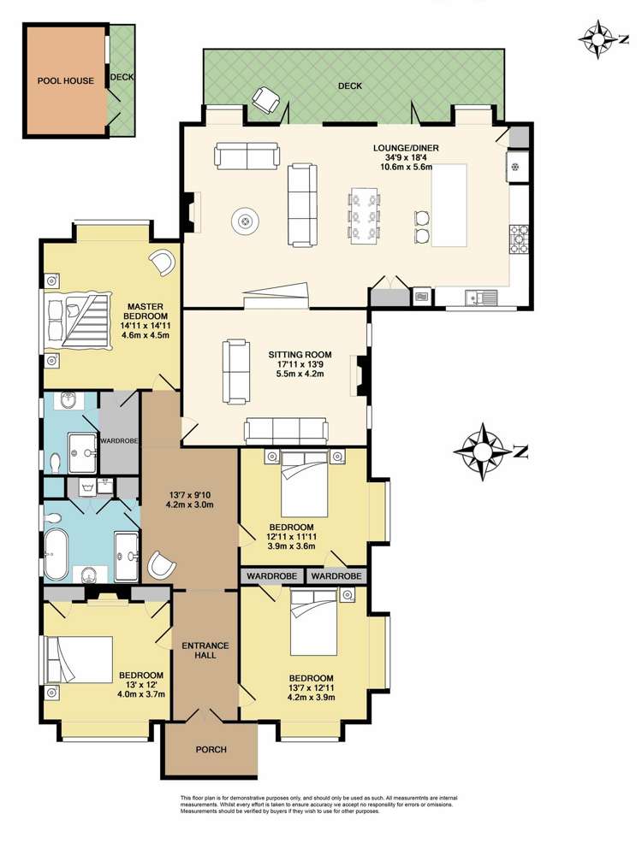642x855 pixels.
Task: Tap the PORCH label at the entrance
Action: tap(211, 750)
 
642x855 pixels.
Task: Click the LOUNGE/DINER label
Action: tap(406, 148)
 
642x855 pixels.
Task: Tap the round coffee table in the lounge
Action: tap(247, 223)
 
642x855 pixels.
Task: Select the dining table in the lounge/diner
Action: tap(363, 215)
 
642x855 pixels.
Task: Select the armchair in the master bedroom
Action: tap(161, 262)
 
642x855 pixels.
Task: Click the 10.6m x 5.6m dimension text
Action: tap(406, 167)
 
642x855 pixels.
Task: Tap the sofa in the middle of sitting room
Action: tap(237, 371)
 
